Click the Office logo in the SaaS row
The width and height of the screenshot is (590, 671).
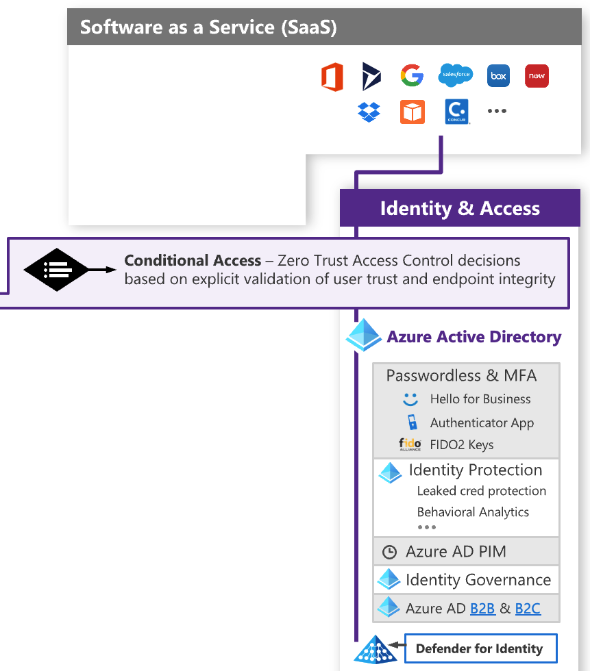tap(332, 77)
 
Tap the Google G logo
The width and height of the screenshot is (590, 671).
tap(412, 76)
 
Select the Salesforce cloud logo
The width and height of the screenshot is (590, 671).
tap(456, 75)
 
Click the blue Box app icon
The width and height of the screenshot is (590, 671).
tap(498, 76)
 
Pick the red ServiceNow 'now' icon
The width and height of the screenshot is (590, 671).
tap(537, 76)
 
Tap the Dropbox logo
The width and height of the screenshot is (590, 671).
tap(369, 112)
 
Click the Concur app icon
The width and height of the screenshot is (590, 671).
tap(456, 112)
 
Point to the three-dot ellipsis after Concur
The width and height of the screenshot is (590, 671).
tap(497, 111)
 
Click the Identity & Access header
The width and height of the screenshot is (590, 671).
tap(460, 209)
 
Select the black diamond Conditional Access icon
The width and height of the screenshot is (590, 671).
tap(56, 270)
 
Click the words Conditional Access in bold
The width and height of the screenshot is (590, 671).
tap(193, 261)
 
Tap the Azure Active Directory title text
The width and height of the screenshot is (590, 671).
tap(474, 337)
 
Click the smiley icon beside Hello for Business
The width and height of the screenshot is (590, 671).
tap(410, 399)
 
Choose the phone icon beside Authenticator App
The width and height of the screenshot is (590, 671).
tap(411, 422)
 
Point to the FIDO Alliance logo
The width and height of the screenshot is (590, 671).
tap(410, 444)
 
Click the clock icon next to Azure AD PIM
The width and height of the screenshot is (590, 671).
tap(389, 552)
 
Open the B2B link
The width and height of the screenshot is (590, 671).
tap(482, 608)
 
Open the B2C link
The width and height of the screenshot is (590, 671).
tap(528, 608)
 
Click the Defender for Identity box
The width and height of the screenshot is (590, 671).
tap(479, 648)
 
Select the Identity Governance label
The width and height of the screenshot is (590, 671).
tap(478, 580)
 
